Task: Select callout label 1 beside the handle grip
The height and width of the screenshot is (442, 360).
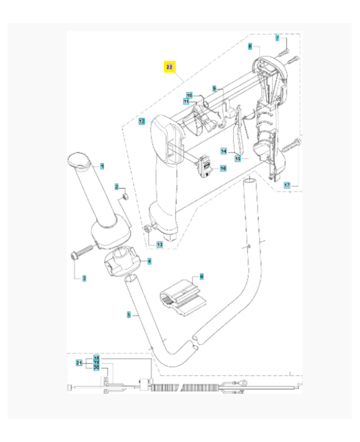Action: click(102, 166)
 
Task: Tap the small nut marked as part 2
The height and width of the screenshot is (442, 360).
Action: click(125, 197)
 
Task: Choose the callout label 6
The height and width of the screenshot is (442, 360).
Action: click(202, 276)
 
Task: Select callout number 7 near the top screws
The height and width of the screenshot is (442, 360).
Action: click(278, 38)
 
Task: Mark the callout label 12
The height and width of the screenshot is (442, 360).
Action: click(141, 121)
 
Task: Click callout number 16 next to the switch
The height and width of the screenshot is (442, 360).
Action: click(223, 168)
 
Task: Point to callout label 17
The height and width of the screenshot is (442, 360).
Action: click(287, 185)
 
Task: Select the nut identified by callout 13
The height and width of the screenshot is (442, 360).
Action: click(148, 229)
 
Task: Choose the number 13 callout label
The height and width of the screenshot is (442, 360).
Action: click(160, 244)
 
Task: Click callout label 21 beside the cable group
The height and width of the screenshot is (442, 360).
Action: click(79, 363)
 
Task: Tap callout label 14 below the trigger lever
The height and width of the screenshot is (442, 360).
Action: click(224, 151)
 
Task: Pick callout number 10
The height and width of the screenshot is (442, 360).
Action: click(188, 95)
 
